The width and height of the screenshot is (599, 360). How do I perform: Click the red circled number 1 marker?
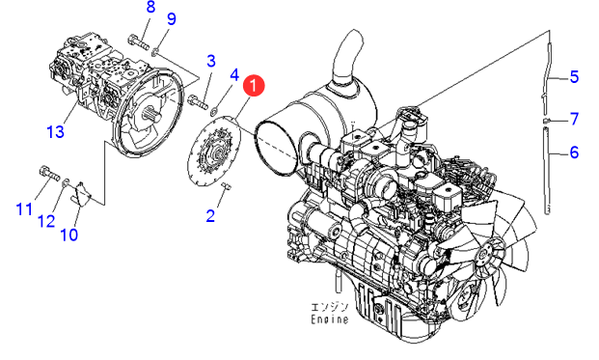click(254, 86)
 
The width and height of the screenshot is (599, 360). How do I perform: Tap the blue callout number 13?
click(55, 132)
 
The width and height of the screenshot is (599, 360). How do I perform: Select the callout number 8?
click(150, 7)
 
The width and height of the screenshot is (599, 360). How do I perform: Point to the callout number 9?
click(172, 18)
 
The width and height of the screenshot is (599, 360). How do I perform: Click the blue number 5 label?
click(574, 77)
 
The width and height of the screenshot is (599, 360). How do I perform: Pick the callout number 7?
click(575, 120)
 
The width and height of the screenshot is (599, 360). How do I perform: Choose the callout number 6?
click(574, 152)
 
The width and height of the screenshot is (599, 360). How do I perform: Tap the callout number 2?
click(210, 215)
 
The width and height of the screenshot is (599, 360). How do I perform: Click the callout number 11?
click(24, 209)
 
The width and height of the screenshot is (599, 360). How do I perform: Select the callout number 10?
click(69, 235)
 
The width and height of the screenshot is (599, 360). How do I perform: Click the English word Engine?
click(330, 319)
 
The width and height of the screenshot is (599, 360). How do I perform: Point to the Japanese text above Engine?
click(330, 308)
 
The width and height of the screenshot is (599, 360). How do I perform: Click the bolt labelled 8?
click(137, 42)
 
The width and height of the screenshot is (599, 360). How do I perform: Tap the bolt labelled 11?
click(49, 173)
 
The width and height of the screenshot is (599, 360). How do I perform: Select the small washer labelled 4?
click(214, 111)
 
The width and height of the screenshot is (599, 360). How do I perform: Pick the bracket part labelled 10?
click(81, 195)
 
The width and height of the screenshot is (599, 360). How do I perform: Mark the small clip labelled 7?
click(547, 121)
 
